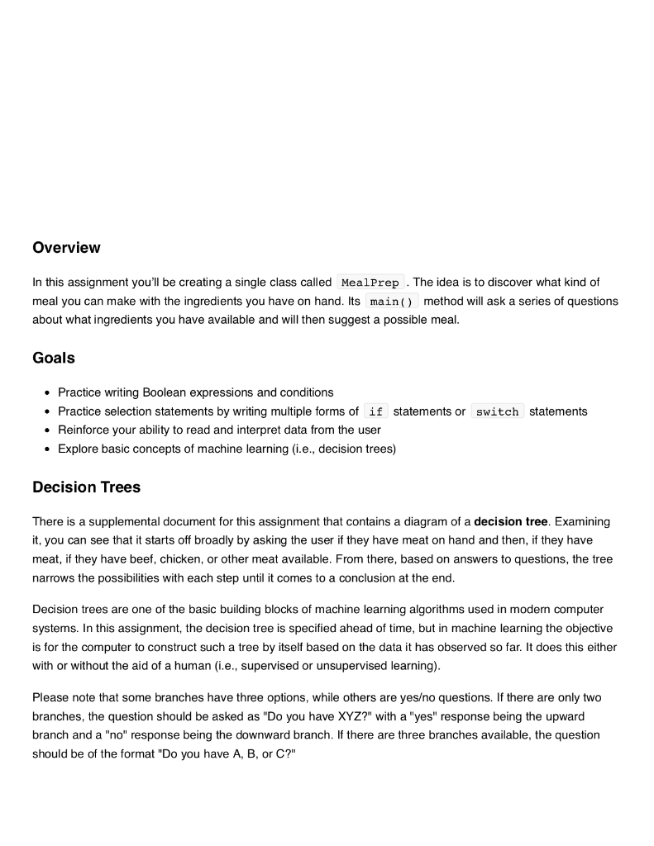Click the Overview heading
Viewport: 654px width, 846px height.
click(66, 248)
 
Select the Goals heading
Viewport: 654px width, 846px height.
click(54, 358)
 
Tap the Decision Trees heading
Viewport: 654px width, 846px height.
click(86, 487)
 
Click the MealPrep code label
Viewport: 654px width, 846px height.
click(370, 283)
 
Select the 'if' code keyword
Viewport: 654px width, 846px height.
click(376, 411)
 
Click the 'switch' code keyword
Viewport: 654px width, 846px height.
click(497, 411)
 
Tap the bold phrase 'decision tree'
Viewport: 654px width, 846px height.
click(510, 521)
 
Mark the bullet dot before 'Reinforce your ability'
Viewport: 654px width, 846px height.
click(49, 430)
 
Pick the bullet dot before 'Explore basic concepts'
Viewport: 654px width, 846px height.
click(49, 449)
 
